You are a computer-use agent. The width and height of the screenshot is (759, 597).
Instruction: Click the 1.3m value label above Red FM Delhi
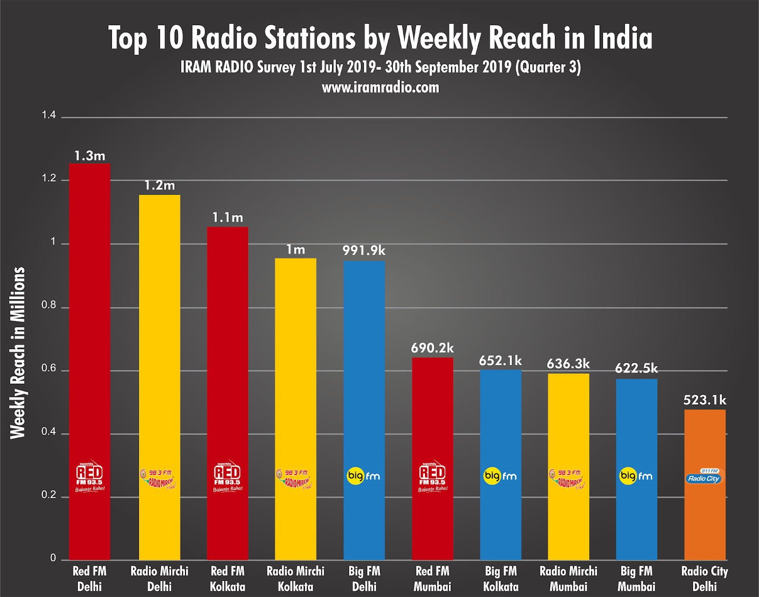click(90, 156)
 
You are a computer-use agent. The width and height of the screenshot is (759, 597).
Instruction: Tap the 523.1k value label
click(704, 400)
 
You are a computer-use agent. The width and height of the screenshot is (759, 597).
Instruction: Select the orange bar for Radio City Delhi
click(704, 513)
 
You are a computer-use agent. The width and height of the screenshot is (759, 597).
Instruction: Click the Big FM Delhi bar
click(364, 380)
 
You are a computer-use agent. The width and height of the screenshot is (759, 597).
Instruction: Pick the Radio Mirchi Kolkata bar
click(296, 380)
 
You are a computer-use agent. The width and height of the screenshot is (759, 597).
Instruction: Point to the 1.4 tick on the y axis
click(49, 115)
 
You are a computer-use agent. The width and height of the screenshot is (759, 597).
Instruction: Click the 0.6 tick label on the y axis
click(49, 369)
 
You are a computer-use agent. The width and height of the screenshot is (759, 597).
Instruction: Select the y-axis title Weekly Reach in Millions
click(18, 352)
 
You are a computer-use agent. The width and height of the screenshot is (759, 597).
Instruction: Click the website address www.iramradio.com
click(380, 88)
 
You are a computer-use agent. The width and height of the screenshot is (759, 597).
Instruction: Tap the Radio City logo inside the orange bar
click(704, 477)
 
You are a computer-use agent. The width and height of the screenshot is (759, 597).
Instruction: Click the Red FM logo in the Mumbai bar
click(432, 476)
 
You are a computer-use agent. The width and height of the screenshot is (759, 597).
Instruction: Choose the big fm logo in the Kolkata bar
click(500, 476)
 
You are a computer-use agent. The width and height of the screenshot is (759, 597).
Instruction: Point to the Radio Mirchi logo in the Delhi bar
click(159, 479)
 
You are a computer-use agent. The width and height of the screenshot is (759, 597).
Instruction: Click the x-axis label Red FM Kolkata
click(228, 578)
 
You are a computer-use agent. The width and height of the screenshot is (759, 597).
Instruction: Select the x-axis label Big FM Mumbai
click(636, 578)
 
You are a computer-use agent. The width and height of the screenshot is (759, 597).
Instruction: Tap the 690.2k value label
click(432, 348)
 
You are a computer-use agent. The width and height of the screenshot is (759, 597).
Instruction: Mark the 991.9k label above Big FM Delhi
click(364, 251)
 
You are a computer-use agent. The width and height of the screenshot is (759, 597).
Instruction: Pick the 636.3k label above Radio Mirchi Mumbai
click(568, 364)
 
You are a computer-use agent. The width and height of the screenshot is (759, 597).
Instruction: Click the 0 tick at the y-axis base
click(53, 558)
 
